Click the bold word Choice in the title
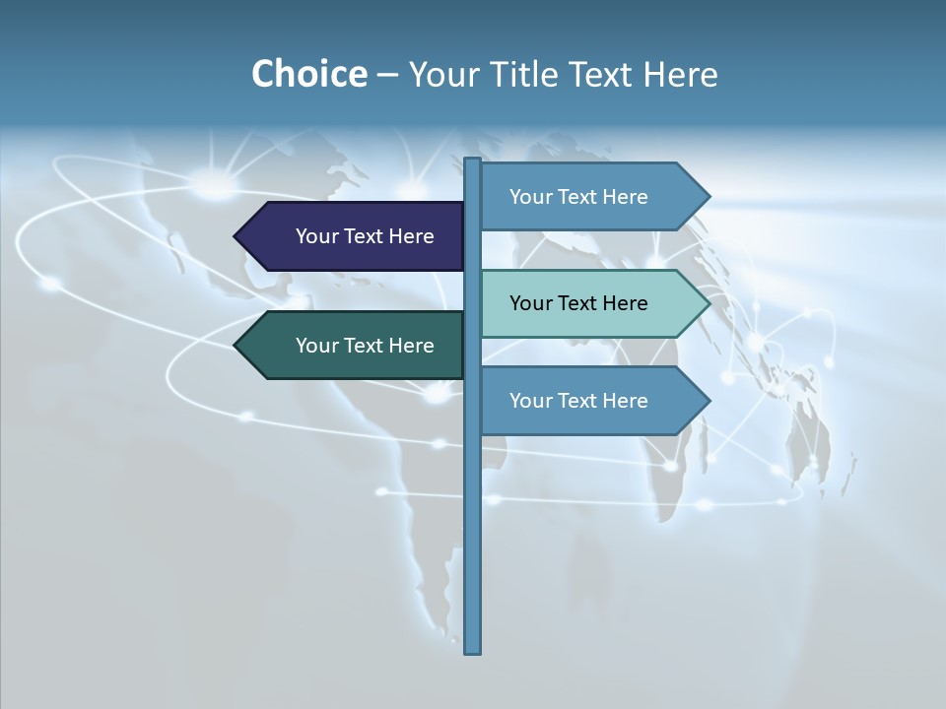308,74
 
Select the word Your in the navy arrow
317,236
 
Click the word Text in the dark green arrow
365,346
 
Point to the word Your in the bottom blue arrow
531,401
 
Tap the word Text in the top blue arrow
578,197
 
